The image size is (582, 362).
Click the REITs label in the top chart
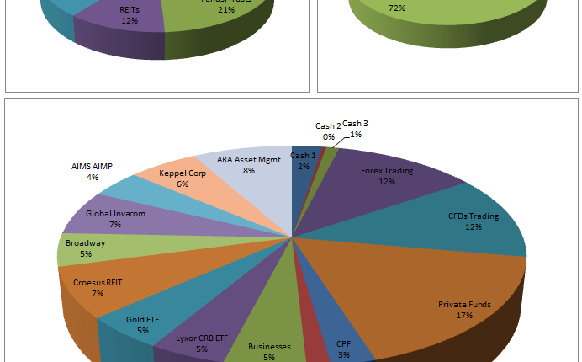click(129, 9)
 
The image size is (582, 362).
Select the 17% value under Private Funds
click(464, 315)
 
